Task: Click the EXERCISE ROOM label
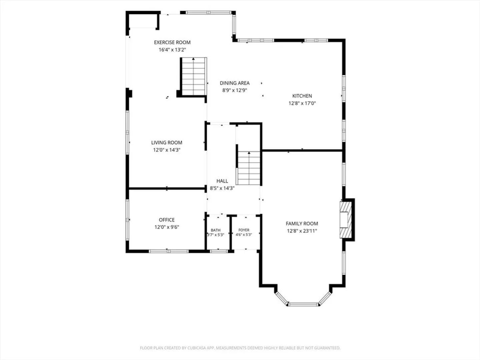click(172, 42)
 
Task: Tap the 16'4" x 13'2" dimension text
click(172, 50)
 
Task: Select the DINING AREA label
click(234, 83)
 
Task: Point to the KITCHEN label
click(302, 96)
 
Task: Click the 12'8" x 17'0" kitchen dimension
click(302, 103)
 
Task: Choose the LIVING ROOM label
click(167, 143)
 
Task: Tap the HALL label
click(222, 181)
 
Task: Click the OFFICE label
click(167, 220)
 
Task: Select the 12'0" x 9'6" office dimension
click(167, 227)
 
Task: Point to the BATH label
click(216, 230)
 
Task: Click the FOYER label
click(244, 230)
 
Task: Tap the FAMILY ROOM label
click(302, 223)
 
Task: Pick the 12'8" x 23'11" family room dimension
click(302, 231)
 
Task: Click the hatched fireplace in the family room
click(346, 220)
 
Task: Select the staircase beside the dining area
click(193, 76)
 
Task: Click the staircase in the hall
click(249, 168)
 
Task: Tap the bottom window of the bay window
click(303, 304)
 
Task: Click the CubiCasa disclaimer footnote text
click(240, 348)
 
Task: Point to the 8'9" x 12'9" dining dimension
click(234, 90)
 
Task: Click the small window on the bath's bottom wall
click(219, 251)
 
